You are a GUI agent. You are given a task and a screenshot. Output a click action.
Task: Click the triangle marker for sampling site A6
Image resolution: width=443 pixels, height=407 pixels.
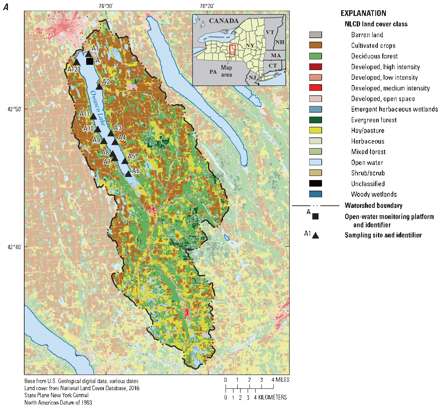tap(128, 173)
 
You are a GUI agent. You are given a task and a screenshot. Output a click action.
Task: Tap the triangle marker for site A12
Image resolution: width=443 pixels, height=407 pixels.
tap(78, 62)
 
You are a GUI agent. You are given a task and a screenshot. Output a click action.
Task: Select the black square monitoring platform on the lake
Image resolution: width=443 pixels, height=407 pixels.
tap(89, 61)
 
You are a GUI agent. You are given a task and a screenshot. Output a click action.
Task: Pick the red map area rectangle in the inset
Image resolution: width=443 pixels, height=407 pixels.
tap(232, 49)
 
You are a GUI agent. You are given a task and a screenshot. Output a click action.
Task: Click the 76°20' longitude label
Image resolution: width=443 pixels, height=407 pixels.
tap(207, 6)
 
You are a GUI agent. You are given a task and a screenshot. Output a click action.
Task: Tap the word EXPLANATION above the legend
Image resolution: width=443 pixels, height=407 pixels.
tap(363, 13)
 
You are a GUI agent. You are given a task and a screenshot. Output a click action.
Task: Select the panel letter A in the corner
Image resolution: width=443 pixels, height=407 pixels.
tap(6, 6)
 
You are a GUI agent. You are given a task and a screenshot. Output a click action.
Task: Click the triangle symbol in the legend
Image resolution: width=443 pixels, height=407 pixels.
tap(315, 235)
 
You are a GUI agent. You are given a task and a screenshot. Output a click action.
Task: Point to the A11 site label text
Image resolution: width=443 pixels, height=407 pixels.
tap(85, 114)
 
